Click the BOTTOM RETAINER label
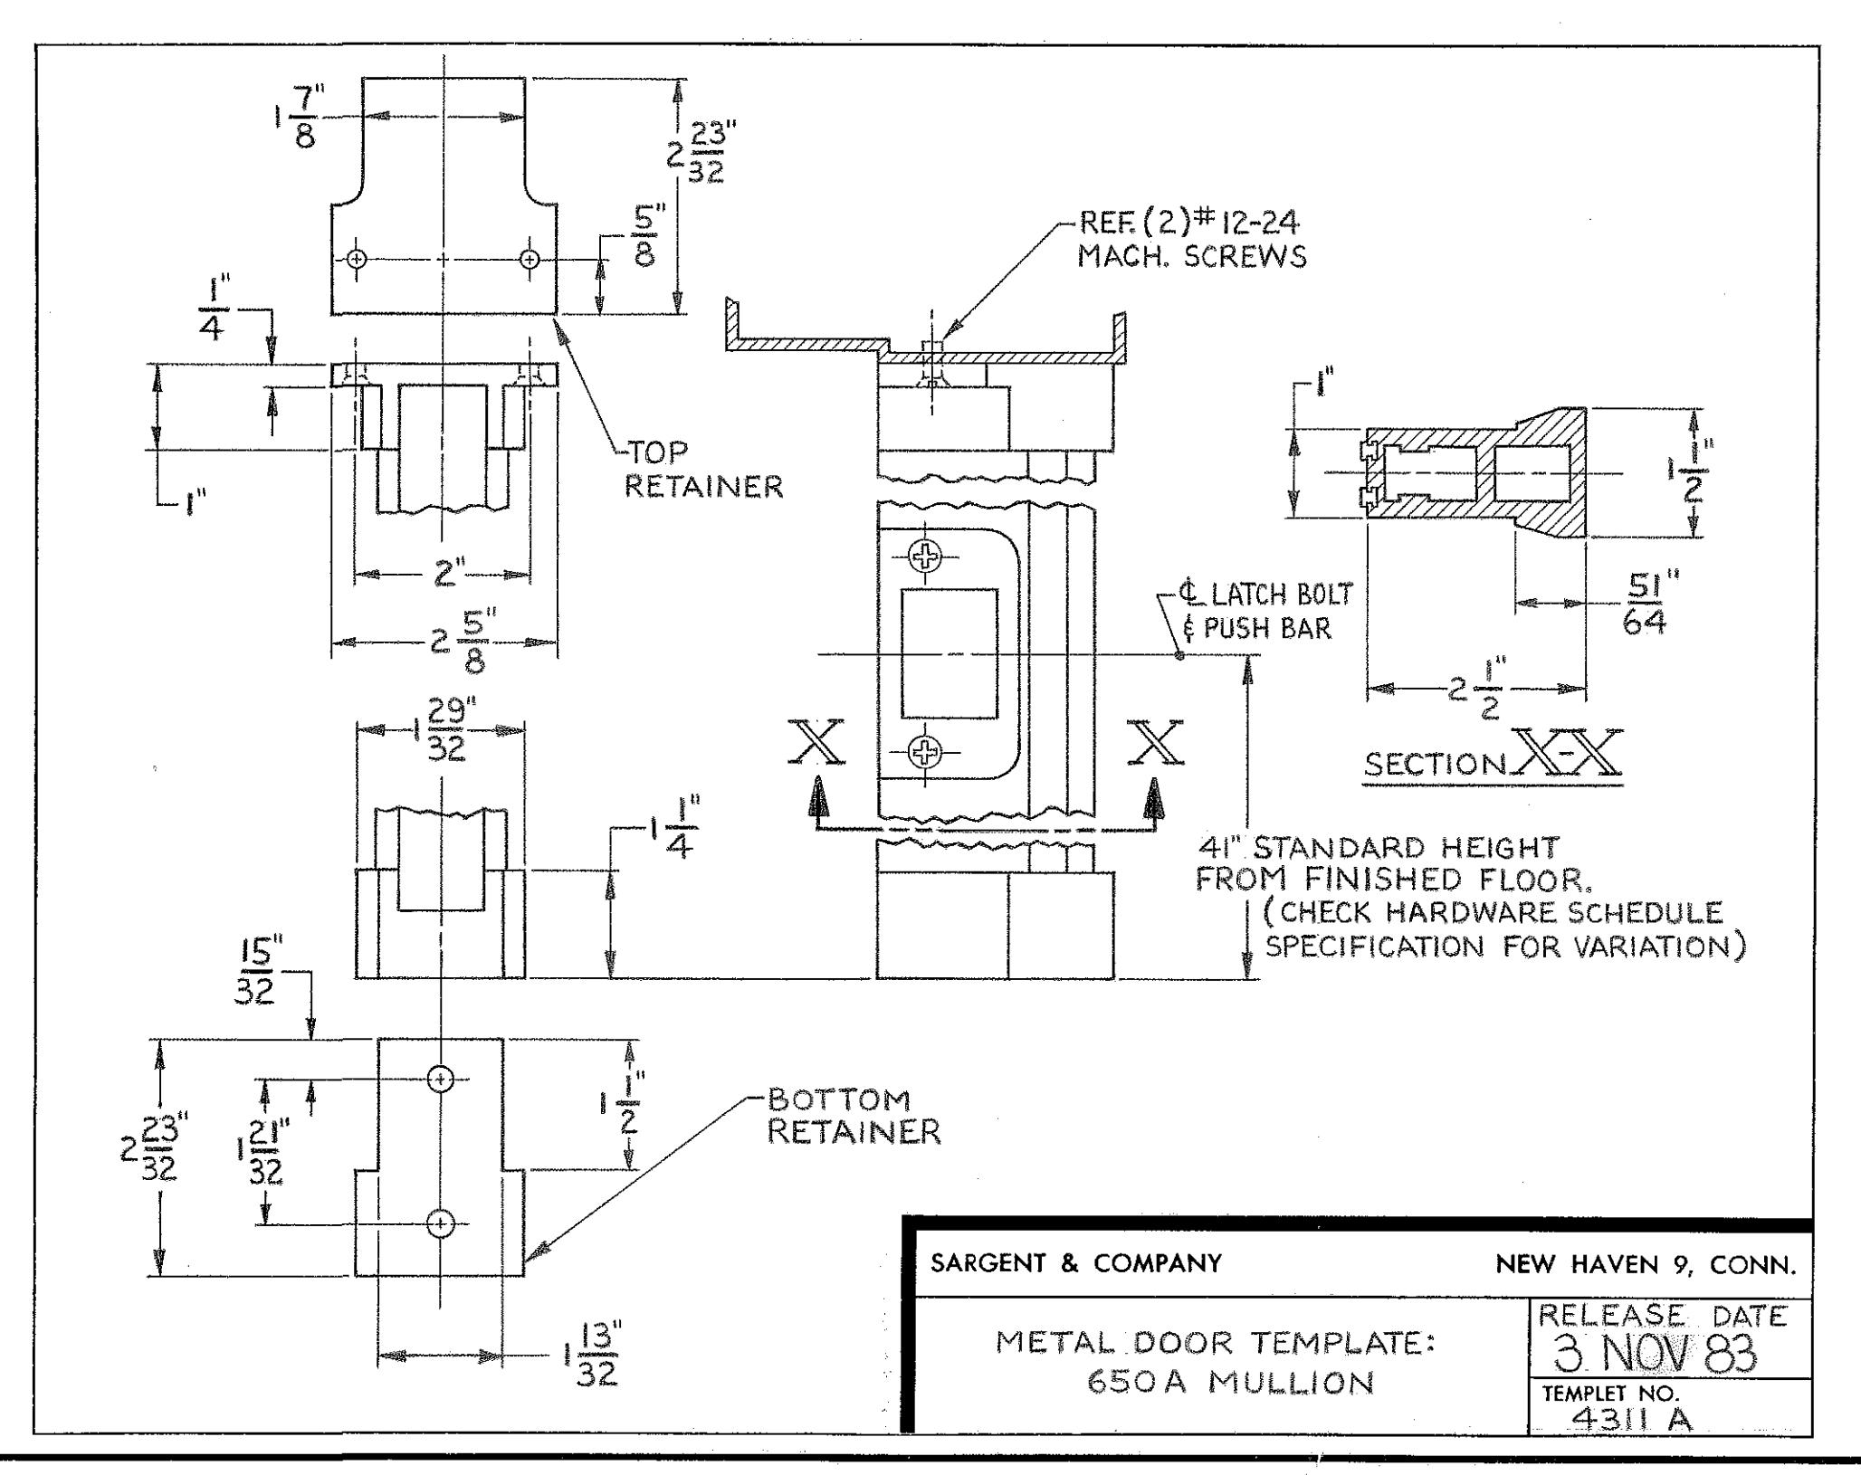coord(854,1117)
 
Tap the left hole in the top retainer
coord(357,259)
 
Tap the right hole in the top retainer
coord(530,259)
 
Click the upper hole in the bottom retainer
coord(440,1079)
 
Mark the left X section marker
coord(816,744)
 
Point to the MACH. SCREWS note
coord(1191,257)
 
